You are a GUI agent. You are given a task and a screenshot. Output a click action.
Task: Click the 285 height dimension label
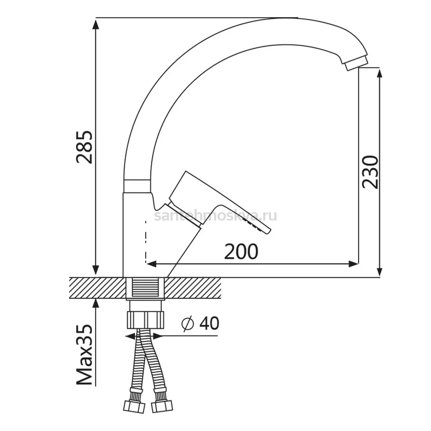coord(84,147)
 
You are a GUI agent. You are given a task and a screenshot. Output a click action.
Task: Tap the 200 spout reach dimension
coord(241,252)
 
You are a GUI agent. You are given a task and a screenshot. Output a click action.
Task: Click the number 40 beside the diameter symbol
coord(209,323)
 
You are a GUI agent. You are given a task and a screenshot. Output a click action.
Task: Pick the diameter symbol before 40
coord(187,324)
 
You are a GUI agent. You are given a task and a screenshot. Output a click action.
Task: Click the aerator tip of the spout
coord(356,65)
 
